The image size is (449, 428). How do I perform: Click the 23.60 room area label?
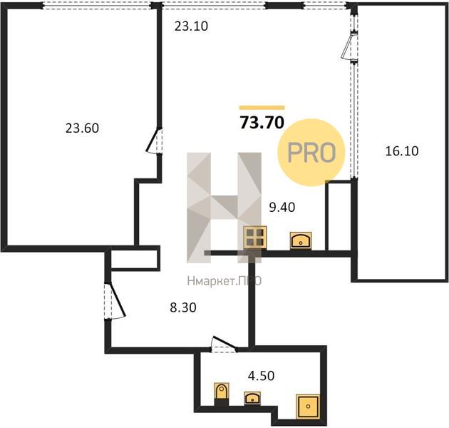pyautogui.click(x=82, y=128)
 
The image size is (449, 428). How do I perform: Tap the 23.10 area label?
pyautogui.click(x=191, y=26)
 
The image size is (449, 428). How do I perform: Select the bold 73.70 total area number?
pyautogui.click(x=262, y=123)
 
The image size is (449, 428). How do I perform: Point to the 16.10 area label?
pyautogui.click(x=402, y=151)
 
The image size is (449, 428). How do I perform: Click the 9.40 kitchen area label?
pyautogui.click(x=282, y=207)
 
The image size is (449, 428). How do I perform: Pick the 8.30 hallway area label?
pyautogui.click(x=183, y=307)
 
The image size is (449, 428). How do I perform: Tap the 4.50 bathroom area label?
pyautogui.click(x=261, y=375)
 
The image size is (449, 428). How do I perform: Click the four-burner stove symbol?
pyautogui.click(x=255, y=238)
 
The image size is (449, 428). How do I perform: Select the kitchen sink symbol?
pyautogui.click(x=301, y=240)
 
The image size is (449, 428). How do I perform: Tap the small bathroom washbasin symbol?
pyautogui.click(x=252, y=398)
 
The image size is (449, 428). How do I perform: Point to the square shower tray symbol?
pyautogui.click(x=308, y=406)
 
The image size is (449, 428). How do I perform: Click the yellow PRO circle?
pyautogui.click(x=311, y=152)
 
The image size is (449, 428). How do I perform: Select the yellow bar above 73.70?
pyautogui.click(x=262, y=108)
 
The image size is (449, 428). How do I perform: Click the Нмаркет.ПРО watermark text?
pyautogui.click(x=224, y=281)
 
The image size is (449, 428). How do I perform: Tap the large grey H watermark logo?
pyautogui.click(x=224, y=208)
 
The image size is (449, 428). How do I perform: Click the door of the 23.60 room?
pyautogui.click(x=154, y=141)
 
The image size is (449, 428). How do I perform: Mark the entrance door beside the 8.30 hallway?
pyautogui.click(x=115, y=301)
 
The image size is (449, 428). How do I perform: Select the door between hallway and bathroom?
pyautogui.click(x=224, y=344)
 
